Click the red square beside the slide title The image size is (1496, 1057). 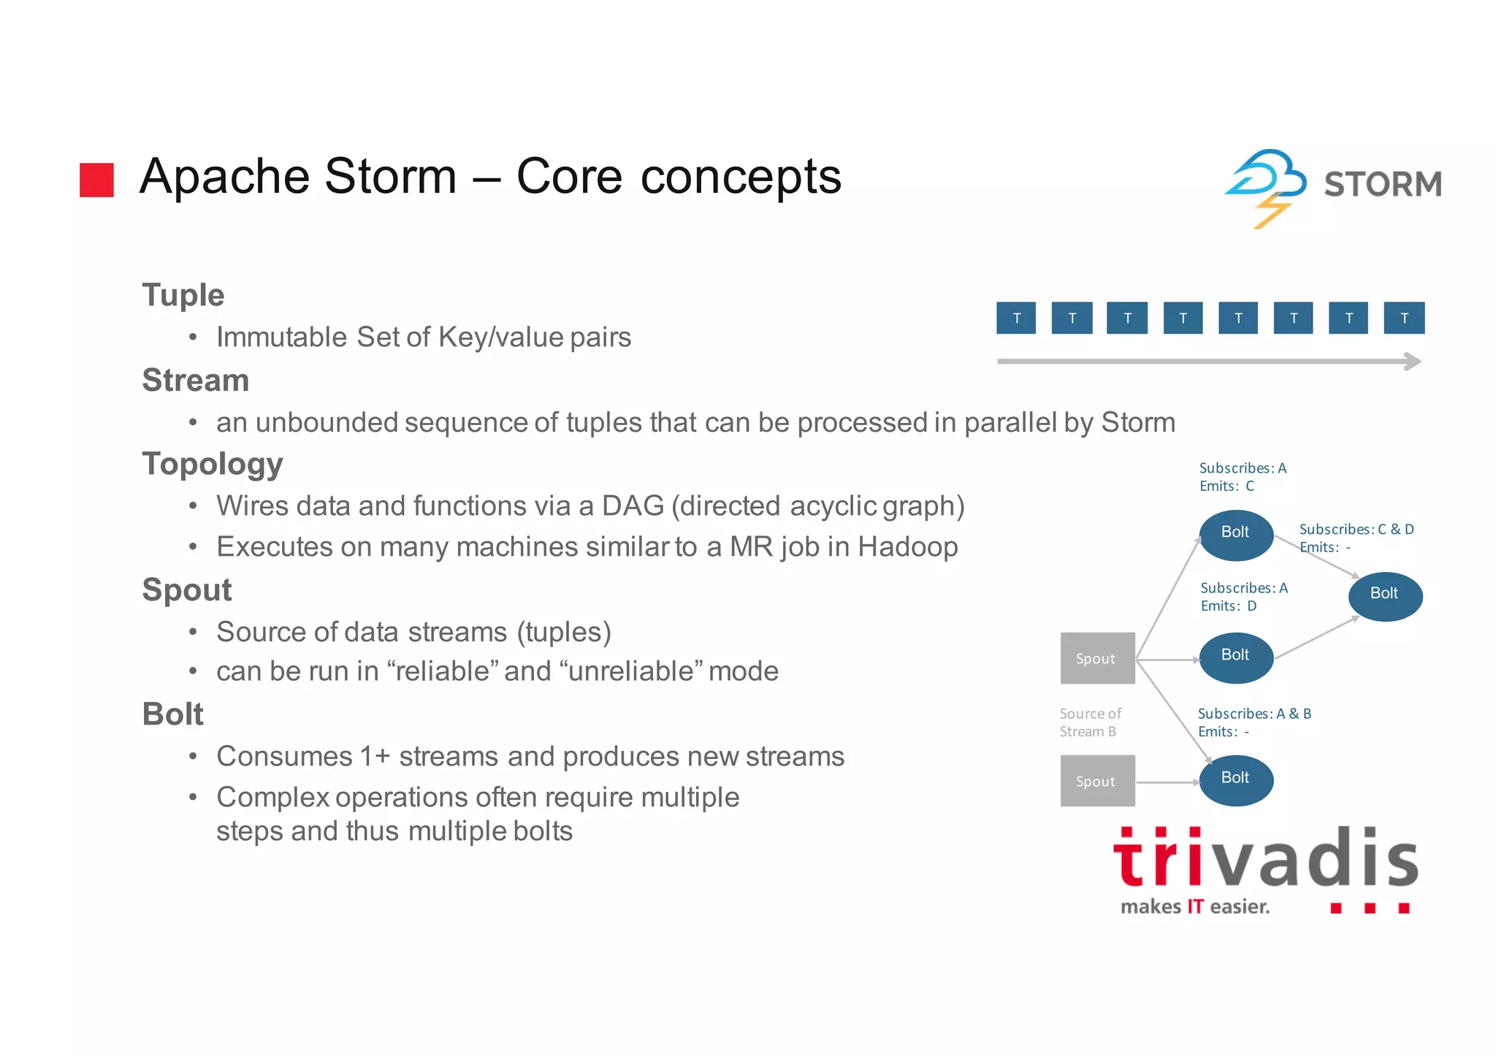96,180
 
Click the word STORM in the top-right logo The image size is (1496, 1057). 1383,184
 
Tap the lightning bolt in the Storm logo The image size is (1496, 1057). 1271,211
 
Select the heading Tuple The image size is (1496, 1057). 183,295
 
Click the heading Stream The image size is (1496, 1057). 195,380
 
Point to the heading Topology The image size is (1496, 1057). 212,464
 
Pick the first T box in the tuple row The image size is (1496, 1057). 1016,318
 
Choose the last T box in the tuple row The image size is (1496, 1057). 1404,318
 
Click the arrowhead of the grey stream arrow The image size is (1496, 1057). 1413,362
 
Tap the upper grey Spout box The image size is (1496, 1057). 1097,658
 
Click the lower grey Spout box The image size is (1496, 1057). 1097,781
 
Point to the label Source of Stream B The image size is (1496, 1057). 1090,722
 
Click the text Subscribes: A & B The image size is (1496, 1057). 1254,714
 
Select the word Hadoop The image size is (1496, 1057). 907,546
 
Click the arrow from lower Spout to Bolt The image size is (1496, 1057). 1167,782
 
